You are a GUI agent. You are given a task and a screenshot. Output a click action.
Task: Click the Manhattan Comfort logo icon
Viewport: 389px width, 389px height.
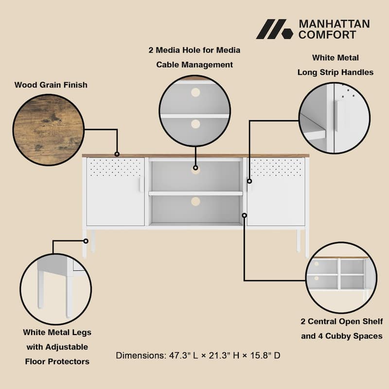pyautogui.click(x=274, y=29)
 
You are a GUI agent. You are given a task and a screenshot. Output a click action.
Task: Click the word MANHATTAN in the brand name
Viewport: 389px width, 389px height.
pyautogui.click(x=334, y=24)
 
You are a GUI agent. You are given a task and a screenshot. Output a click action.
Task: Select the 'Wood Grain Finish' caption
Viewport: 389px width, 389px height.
pyautogui.click(x=51, y=85)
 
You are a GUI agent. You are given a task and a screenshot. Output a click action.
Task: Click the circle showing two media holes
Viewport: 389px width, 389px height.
pyautogui.click(x=194, y=111)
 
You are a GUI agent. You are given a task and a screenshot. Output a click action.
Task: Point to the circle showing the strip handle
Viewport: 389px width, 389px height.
pyautogui.click(x=335, y=118)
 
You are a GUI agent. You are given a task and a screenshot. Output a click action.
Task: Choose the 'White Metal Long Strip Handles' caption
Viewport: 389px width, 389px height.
pyautogui.click(x=336, y=65)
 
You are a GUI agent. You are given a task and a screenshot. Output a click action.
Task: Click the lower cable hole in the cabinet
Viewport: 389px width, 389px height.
pyautogui.click(x=195, y=201)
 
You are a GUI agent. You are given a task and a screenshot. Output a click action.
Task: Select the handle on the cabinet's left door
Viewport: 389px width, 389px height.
pyautogui.click(x=140, y=184)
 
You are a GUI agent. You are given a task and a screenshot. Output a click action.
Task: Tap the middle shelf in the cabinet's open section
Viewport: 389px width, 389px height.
pyautogui.click(x=195, y=193)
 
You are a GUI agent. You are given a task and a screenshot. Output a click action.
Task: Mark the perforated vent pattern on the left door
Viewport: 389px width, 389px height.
pyautogui.click(x=116, y=167)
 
